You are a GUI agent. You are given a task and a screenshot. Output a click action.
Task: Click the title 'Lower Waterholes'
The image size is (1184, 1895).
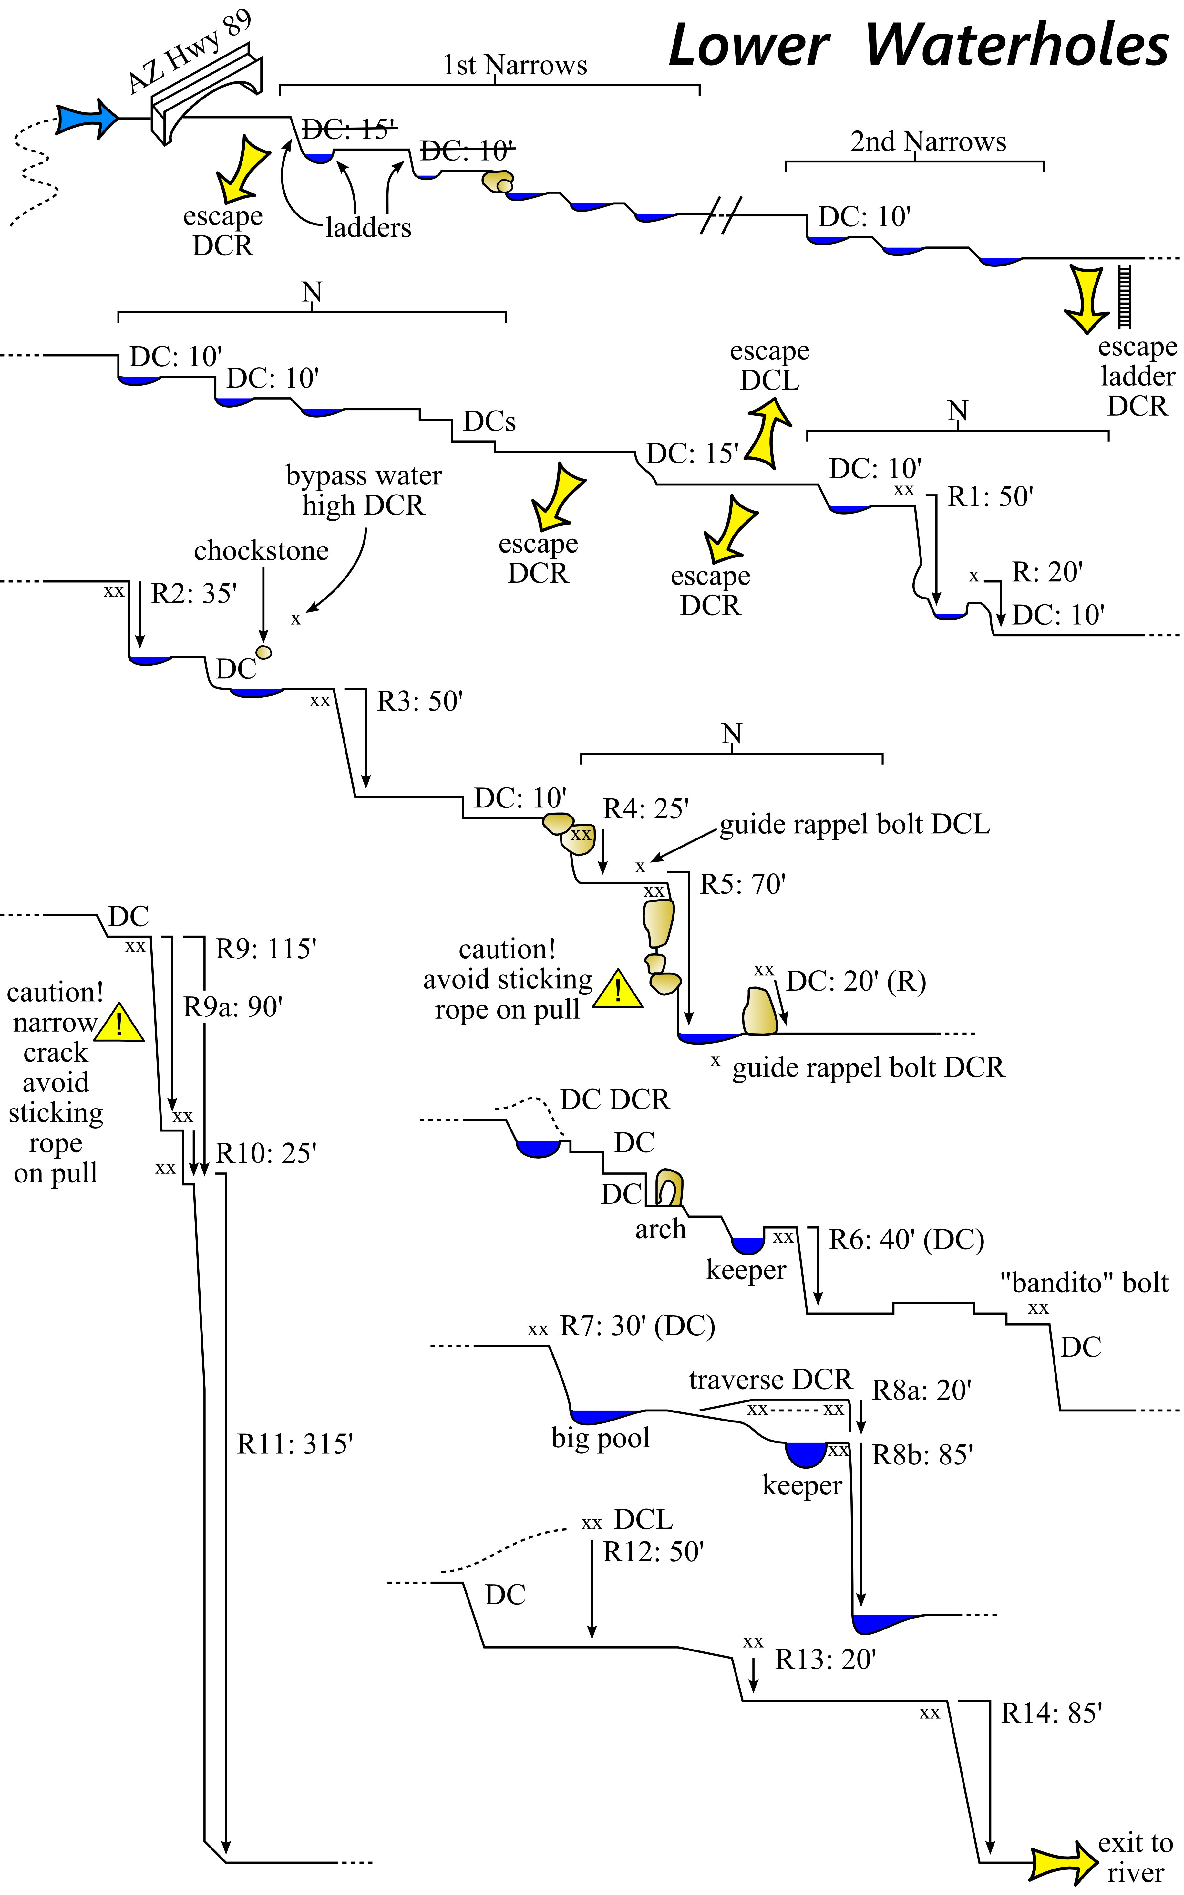(x=918, y=46)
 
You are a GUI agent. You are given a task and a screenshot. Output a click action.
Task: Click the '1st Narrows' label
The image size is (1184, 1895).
(x=514, y=65)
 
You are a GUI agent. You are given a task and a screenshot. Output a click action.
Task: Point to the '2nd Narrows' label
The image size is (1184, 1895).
(x=928, y=142)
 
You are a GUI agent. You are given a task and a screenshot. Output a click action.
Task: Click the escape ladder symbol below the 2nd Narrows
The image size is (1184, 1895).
(x=1126, y=296)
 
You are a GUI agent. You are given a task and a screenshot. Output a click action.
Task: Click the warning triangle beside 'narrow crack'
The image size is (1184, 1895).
(x=119, y=1023)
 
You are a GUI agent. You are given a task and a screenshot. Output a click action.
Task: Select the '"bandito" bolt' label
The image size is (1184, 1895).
(x=1084, y=1282)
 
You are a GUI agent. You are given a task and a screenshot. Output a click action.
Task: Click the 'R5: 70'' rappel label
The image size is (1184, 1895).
(x=742, y=884)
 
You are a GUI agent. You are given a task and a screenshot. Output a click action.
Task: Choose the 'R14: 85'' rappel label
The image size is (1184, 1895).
(x=1051, y=1713)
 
